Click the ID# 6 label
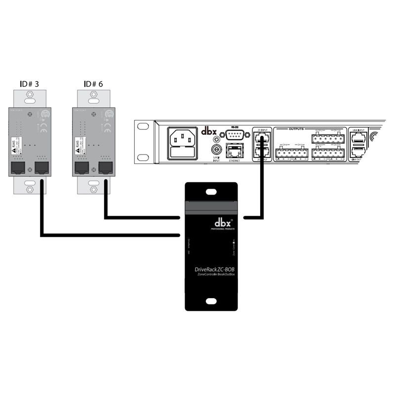pos(93,84)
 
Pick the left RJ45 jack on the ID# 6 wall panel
pos(80,168)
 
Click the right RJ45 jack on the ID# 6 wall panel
pos(104,168)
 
